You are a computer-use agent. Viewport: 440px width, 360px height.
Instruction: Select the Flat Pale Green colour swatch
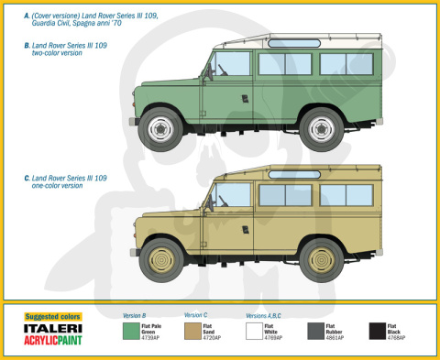[132, 331]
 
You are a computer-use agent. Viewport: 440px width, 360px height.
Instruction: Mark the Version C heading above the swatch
[196, 315]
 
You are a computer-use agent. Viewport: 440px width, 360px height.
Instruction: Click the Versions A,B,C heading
[264, 315]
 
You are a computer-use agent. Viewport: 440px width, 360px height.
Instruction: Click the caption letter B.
[26, 45]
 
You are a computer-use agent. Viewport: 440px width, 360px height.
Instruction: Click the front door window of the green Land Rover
[232, 64]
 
